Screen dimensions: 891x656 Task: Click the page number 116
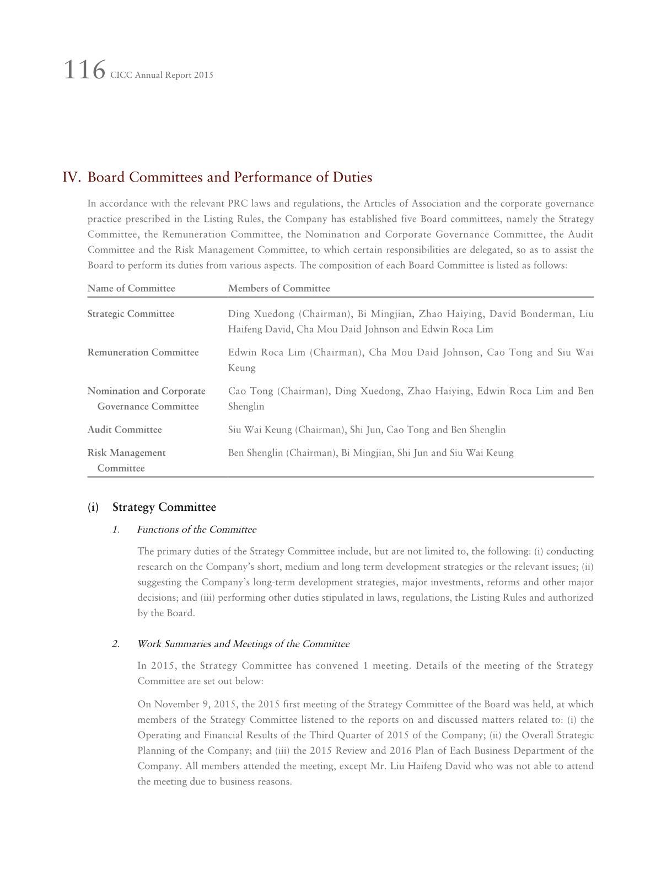pos(84,71)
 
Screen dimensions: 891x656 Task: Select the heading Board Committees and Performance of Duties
pos(230,178)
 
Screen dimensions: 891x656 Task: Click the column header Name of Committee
pos(131,289)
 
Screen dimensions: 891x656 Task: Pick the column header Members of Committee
pos(279,289)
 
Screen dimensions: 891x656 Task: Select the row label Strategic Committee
pos(131,314)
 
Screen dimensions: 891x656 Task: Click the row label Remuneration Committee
pos(143,353)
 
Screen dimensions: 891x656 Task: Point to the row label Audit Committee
pos(125,430)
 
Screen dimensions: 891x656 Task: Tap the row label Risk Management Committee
pos(126,460)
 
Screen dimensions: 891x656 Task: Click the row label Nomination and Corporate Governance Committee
pos(146,399)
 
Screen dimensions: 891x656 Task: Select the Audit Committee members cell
pos(367,430)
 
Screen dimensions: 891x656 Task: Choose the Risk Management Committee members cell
pos(370,453)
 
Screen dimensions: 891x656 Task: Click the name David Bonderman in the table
pos(530,314)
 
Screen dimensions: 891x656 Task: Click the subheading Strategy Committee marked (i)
pos(164,507)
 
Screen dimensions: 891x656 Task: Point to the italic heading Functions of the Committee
pos(196,530)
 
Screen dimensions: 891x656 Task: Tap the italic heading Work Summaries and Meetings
pos(243,644)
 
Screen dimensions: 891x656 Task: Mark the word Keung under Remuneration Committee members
pos(241,368)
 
